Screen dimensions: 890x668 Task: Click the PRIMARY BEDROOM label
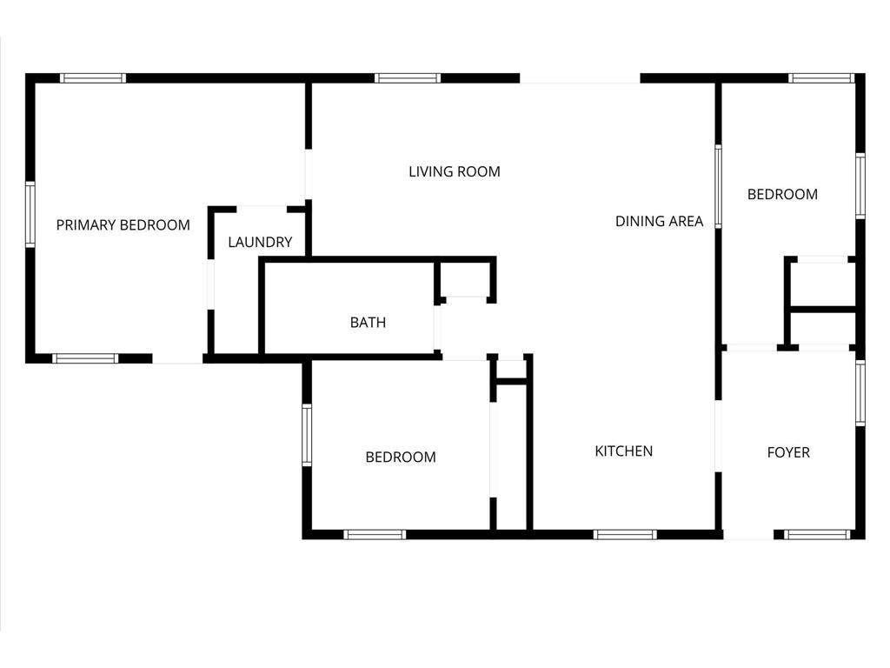click(x=123, y=225)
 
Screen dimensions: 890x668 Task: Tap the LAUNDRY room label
click(x=260, y=242)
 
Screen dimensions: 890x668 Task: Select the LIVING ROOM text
click(x=455, y=171)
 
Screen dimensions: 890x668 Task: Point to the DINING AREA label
click(x=659, y=221)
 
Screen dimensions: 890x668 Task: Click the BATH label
click(x=368, y=323)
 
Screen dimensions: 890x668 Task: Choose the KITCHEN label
click(x=624, y=451)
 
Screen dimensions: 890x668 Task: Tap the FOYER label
click(x=788, y=452)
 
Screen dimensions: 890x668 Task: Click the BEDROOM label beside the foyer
click(x=782, y=194)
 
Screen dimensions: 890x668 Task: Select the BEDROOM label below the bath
click(x=401, y=457)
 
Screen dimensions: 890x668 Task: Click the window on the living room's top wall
click(x=408, y=78)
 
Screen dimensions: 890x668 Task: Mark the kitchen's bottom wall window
click(x=625, y=535)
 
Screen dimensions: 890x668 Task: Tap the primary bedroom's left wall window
click(x=30, y=215)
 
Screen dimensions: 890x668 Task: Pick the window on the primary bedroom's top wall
click(x=93, y=78)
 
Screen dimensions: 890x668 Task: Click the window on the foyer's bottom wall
click(x=818, y=535)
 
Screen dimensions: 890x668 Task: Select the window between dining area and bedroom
click(x=718, y=186)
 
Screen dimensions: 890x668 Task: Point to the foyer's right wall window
click(x=860, y=393)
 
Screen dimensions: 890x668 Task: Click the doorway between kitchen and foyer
click(x=718, y=437)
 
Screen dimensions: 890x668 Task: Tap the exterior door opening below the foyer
click(x=748, y=535)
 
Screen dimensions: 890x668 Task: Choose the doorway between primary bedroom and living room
click(x=309, y=174)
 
